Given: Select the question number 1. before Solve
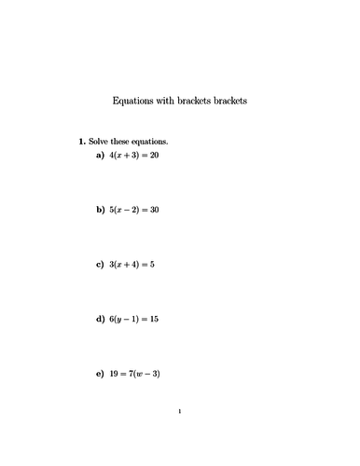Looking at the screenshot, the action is coord(82,142).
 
